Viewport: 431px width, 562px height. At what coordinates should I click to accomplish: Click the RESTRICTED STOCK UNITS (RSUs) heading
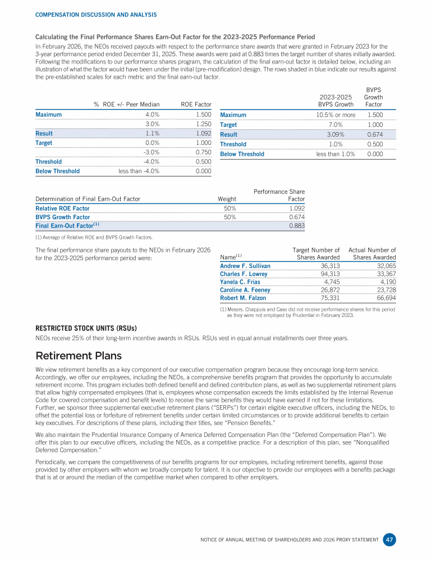pos(86,328)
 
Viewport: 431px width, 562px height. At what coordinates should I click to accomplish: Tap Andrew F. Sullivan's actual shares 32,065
pos(384,266)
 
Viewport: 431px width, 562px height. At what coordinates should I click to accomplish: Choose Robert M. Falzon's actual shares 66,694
pos(384,298)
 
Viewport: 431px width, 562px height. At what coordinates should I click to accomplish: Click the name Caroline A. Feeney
pos(245,290)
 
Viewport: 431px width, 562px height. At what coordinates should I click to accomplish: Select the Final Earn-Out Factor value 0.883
pos(297,225)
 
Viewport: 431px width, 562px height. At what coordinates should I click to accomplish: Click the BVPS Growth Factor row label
pos(62,217)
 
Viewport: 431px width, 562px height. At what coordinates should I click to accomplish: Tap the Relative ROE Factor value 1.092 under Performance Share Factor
pos(297,209)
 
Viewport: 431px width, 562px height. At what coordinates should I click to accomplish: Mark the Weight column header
pos(227,199)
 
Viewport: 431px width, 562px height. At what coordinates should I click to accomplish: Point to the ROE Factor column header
pos(196,104)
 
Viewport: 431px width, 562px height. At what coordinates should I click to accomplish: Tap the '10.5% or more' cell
pos(336,115)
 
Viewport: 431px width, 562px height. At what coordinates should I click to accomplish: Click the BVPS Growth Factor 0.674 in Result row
pos(375,134)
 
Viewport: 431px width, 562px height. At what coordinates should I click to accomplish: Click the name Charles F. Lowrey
pos(244,274)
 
